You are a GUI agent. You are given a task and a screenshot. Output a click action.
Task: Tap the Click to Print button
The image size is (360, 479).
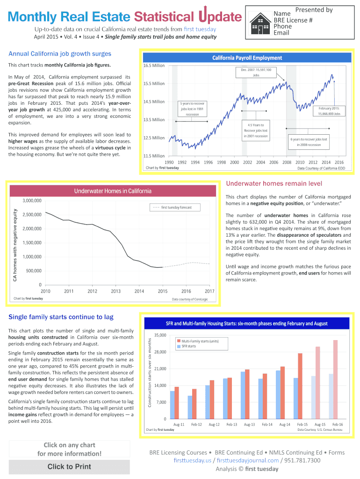pyautogui.click(x=69, y=466)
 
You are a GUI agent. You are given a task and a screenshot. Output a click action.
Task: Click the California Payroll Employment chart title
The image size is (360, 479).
pyautogui.click(x=247, y=58)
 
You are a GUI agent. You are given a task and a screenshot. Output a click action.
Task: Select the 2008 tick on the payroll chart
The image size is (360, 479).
pyautogui.click(x=287, y=162)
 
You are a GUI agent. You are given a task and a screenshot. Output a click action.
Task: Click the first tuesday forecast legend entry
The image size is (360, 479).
pyautogui.click(x=176, y=207)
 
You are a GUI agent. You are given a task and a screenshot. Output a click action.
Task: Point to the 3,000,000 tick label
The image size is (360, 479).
pyautogui.click(x=32, y=201)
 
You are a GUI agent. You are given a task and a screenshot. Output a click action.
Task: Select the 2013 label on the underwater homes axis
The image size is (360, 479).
pyautogui.click(x=116, y=291)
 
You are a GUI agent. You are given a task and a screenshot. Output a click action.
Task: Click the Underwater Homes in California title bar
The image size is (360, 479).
pyautogui.click(x=113, y=191)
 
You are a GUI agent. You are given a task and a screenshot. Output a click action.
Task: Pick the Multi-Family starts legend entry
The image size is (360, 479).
pyautogui.click(x=197, y=341)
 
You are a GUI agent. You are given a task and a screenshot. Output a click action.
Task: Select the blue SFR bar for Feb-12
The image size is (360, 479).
pyautogui.click(x=190, y=407)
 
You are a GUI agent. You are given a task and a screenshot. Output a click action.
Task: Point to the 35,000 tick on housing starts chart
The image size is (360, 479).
pyautogui.click(x=160, y=335)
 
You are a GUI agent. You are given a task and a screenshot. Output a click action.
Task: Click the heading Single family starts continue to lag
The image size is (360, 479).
pyautogui.click(x=61, y=317)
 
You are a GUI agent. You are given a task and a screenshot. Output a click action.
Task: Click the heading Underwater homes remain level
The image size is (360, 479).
pyautogui.click(x=274, y=183)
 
